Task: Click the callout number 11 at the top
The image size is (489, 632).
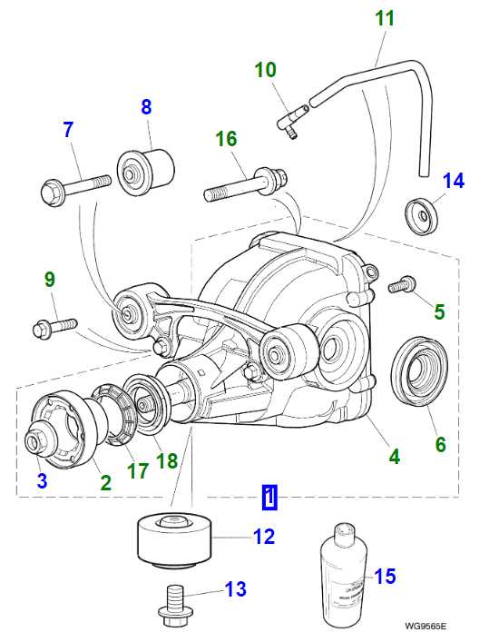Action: [384, 17]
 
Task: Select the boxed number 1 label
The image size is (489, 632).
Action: [269, 497]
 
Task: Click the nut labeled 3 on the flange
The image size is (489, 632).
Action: [36, 441]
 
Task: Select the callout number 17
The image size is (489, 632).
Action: [136, 472]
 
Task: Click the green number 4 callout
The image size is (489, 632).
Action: [395, 456]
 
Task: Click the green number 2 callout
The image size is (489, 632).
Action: [105, 483]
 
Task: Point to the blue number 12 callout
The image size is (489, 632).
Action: [263, 538]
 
